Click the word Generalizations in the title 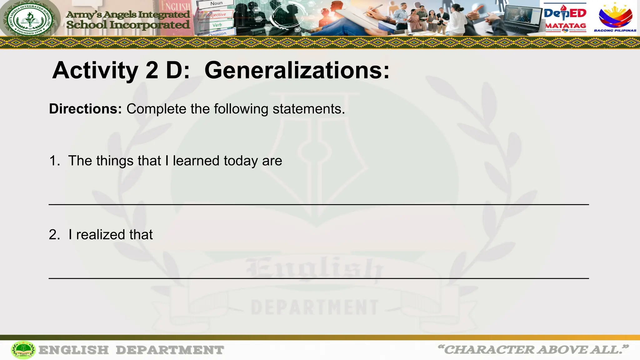[x=297, y=71]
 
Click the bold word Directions [x=85, y=109]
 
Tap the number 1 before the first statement [x=54, y=161]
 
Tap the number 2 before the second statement [x=54, y=235]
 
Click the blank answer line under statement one [x=319, y=204]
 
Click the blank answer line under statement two [x=319, y=278]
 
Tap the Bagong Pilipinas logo [x=615, y=17]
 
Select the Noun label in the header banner [x=216, y=4]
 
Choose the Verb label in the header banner [x=217, y=25]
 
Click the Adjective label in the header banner [x=216, y=15]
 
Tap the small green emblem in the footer [x=23, y=350]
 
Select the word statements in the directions [x=308, y=109]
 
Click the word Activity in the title [x=95, y=71]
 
